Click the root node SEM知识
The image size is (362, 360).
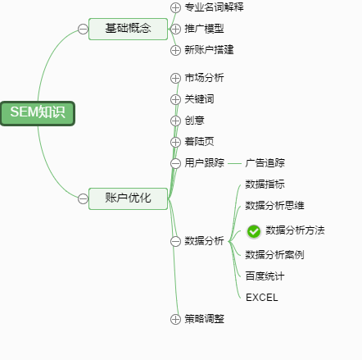pyautogui.click(x=38, y=113)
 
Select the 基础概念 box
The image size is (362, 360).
pyautogui.click(x=128, y=29)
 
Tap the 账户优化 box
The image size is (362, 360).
pyautogui.click(x=128, y=198)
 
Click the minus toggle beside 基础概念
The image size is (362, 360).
pyautogui.click(x=83, y=29)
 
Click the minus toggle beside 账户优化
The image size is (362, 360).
pyautogui.click(x=83, y=198)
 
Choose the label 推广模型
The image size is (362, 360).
pyautogui.click(x=204, y=29)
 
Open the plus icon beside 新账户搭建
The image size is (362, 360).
pyautogui.click(x=175, y=50)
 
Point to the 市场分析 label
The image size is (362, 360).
pyautogui.click(x=204, y=78)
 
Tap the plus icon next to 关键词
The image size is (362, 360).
pyautogui.click(x=175, y=99)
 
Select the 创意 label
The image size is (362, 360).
pyautogui.click(x=194, y=121)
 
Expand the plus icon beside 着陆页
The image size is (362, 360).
pyautogui.click(x=175, y=142)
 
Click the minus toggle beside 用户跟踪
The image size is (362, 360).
pyautogui.click(x=175, y=163)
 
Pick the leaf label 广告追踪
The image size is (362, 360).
pyautogui.click(x=265, y=163)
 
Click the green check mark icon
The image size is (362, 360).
pyautogui.click(x=254, y=231)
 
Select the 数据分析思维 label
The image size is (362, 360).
pyautogui.click(x=274, y=206)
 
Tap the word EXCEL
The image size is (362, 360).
pyautogui.click(x=262, y=298)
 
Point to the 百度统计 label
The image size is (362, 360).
pyautogui.click(x=265, y=276)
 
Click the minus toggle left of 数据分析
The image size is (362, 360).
pyautogui.click(x=175, y=241)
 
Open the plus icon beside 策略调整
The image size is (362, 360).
pyautogui.click(x=175, y=319)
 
